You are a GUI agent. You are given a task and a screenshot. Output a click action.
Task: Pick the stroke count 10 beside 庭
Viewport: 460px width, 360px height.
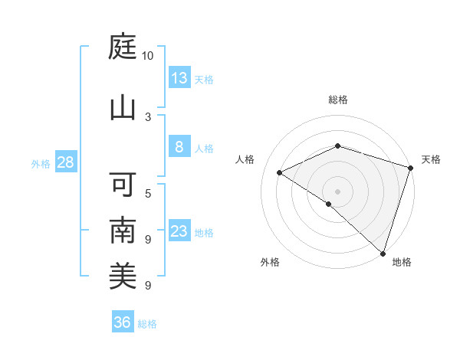(x=148, y=56)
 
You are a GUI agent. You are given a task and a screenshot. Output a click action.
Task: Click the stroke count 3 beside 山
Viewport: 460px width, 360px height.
(x=148, y=116)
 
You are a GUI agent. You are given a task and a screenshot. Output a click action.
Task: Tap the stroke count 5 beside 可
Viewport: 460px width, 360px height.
(x=148, y=193)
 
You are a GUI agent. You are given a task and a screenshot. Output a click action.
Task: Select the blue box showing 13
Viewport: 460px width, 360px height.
(x=179, y=78)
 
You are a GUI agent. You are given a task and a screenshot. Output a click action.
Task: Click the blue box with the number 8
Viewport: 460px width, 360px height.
(x=179, y=147)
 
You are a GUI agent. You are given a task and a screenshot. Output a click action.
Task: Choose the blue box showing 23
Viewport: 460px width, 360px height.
(x=179, y=231)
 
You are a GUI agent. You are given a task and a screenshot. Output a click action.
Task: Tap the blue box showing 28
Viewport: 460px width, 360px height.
(x=65, y=162)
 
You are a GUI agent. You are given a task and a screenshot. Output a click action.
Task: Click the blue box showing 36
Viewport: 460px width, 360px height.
(x=122, y=322)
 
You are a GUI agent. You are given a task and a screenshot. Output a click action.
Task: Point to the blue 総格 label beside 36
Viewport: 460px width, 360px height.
(x=147, y=324)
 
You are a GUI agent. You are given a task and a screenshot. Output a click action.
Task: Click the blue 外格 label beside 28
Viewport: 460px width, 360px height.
(x=41, y=163)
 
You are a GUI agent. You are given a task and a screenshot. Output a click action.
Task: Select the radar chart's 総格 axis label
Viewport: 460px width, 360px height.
(x=338, y=100)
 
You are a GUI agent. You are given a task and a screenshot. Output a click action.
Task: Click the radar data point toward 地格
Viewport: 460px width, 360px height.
(x=383, y=253)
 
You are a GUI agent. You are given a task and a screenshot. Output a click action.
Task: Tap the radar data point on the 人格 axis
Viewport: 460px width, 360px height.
(x=280, y=172)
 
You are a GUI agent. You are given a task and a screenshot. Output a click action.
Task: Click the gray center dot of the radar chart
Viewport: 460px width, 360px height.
(x=338, y=191)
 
